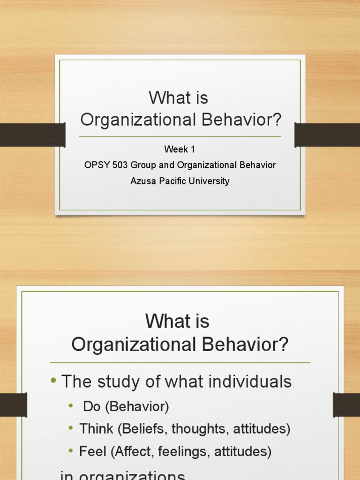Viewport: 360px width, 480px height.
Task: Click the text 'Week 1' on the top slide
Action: [180, 150]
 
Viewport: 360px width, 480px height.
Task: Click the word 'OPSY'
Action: [95, 165]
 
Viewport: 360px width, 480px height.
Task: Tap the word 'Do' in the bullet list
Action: [92, 406]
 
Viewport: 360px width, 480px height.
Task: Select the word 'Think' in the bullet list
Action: [96, 428]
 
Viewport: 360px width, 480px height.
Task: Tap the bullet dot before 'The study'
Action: [53, 381]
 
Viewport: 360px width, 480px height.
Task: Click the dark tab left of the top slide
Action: [32, 135]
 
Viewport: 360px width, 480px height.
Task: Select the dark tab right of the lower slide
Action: [346, 405]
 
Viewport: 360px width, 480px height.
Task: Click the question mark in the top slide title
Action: [277, 120]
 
